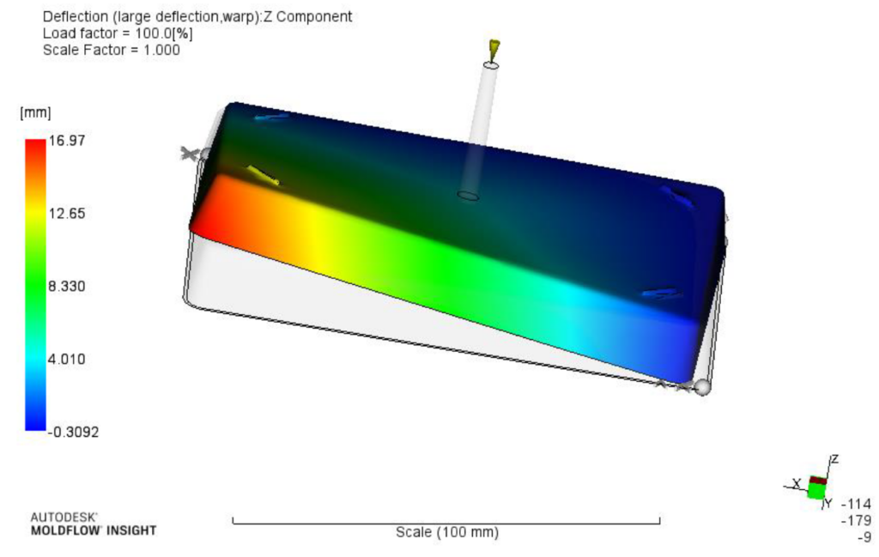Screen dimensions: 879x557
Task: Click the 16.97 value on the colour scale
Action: [x=67, y=140]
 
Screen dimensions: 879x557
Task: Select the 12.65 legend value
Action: [x=67, y=214]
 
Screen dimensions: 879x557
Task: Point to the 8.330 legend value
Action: [x=67, y=287]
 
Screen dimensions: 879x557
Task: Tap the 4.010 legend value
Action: [x=67, y=360]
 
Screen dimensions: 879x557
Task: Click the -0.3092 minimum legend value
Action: [x=73, y=432]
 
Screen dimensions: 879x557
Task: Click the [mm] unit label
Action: [x=35, y=112]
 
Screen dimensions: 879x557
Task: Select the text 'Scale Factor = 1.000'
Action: [x=112, y=50]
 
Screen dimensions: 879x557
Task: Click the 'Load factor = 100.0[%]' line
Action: [x=118, y=33]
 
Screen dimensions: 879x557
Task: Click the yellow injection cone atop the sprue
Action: [x=494, y=49]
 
